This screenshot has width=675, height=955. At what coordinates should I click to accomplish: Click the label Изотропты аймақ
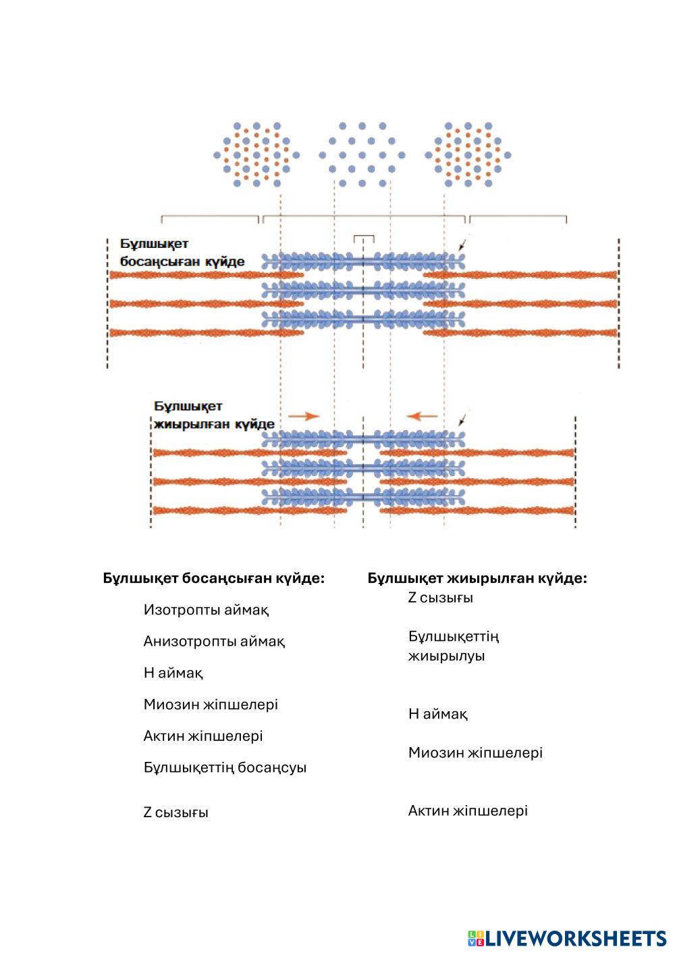pyautogui.click(x=206, y=610)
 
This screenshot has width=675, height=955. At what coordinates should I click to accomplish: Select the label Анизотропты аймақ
pyautogui.click(x=214, y=641)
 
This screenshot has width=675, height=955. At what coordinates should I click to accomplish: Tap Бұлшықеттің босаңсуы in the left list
pyautogui.click(x=225, y=768)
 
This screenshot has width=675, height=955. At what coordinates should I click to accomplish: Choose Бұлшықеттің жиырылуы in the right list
pyautogui.click(x=454, y=646)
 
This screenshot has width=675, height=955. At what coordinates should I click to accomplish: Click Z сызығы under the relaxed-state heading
pyautogui.click(x=175, y=812)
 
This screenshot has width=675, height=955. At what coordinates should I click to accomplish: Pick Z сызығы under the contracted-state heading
pyautogui.click(x=440, y=598)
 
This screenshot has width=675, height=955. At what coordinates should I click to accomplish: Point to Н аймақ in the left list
pyautogui.click(x=173, y=673)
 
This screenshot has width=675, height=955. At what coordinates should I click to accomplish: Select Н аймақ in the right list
pyautogui.click(x=437, y=714)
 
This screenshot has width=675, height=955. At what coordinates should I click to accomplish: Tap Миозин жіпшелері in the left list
pyautogui.click(x=211, y=704)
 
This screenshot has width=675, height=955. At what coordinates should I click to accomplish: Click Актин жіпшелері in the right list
pyautogui.click(x=468, y=810)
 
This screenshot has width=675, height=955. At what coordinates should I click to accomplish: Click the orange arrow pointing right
pyautogui.click(x=303, y=416)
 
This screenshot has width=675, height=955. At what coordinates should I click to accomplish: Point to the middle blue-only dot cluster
pyautogui.click(x=362, y=155)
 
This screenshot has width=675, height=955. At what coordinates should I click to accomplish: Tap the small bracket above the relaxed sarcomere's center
pyautogui.click(x=364, y=238)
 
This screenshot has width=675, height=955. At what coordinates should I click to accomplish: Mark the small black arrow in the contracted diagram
pyautogui.click(x=462, y=420)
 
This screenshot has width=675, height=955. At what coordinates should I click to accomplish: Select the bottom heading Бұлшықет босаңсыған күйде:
pyautogui.click(x=214, y=579)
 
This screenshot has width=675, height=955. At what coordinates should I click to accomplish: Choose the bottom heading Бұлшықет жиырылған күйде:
pyautogui.click(x=477, y=579)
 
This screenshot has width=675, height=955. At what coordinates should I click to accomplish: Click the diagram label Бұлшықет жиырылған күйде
pyautogui.click(x=214, y=415)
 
